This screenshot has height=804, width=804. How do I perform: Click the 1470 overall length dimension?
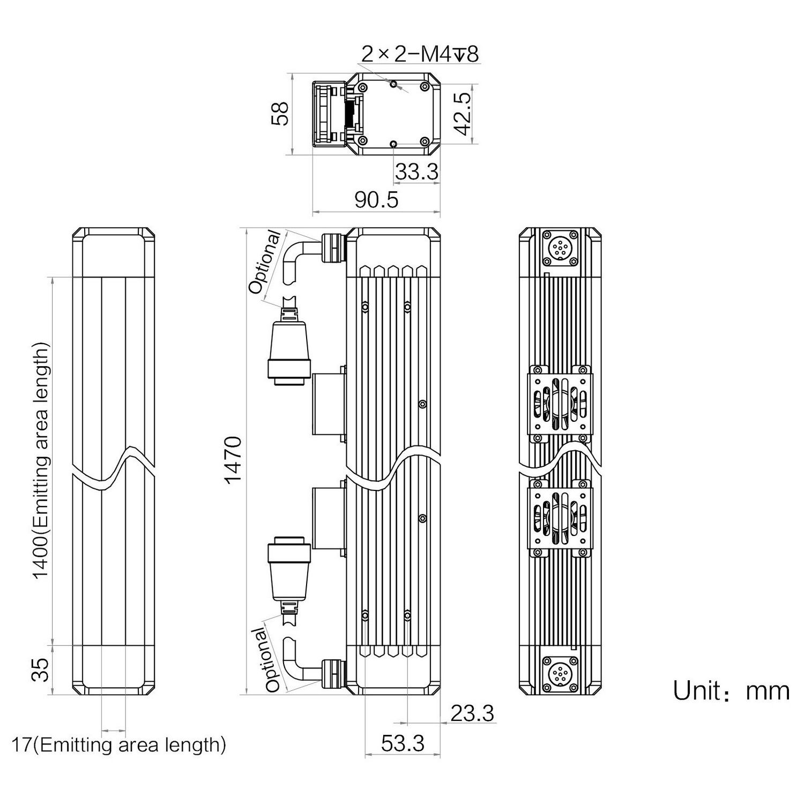(x=234, y=460)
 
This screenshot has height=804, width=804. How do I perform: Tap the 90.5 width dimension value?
(x=377, y=200)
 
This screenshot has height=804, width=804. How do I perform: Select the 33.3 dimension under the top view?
(x=416, y=172)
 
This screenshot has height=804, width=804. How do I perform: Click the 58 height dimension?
(x=280, y=114)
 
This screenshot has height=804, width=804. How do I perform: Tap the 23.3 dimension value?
(x=472, y=713)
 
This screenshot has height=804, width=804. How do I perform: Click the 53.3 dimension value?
(x=403, y=743)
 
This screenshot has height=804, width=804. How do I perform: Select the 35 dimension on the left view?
(x=41, y=669)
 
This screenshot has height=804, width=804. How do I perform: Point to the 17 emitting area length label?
(x=118, y=745)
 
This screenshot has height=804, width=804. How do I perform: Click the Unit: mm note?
(x=731, y=691)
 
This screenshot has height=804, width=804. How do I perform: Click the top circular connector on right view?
(x=561, y=248)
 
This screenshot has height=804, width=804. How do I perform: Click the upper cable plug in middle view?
(x=288, y=348)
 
